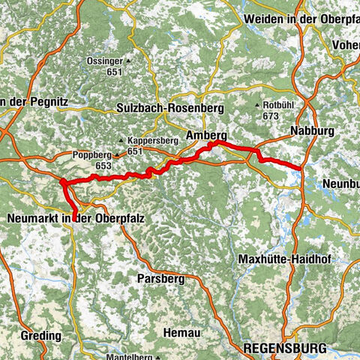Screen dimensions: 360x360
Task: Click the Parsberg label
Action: tap(159, 277)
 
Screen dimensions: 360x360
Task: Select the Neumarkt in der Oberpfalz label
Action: tap(74, 218)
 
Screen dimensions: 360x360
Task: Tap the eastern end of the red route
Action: tap(301, 169)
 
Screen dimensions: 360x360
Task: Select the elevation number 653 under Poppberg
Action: tap(103, 165)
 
